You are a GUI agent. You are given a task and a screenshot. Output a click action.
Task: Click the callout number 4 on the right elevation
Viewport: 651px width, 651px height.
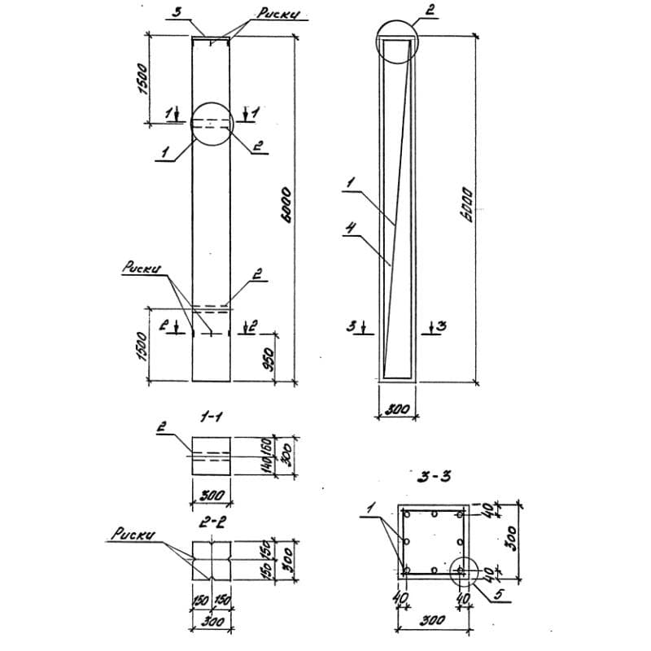[x=347, y=230]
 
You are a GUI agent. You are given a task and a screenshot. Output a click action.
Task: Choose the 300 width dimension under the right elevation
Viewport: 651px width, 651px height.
[x=396, y=410]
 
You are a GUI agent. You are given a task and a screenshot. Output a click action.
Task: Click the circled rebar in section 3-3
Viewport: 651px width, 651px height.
[x=461, y=571]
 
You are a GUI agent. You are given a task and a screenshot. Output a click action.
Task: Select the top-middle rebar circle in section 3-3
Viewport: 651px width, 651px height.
[x=435, y=514]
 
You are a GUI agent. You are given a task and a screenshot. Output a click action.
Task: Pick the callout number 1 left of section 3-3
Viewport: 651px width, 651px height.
[x=370, y=509]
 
